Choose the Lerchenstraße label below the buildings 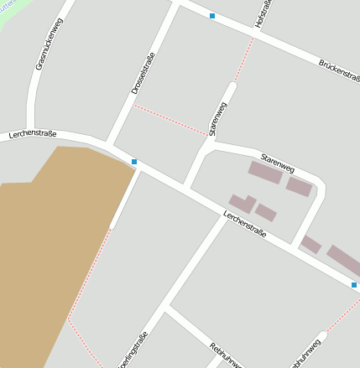click(x=244, y=224)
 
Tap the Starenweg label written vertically click(x=218, y=118)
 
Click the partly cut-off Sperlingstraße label click(x=135, y=350)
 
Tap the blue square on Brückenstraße click(x=212, y=16)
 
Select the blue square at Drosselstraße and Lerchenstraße click(x=134, y=161)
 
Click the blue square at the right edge click(x=354, y=285)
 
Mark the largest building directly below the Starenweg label click(x=265, y=173)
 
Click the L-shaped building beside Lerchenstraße click(x=243, y=203)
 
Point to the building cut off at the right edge click(x=344, y=259)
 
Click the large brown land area click(x=50, y=251)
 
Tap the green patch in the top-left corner click(x=8, y=7)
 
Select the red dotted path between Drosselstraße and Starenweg click(x=171, y=119)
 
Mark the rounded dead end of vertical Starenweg click(x=232, y=86)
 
